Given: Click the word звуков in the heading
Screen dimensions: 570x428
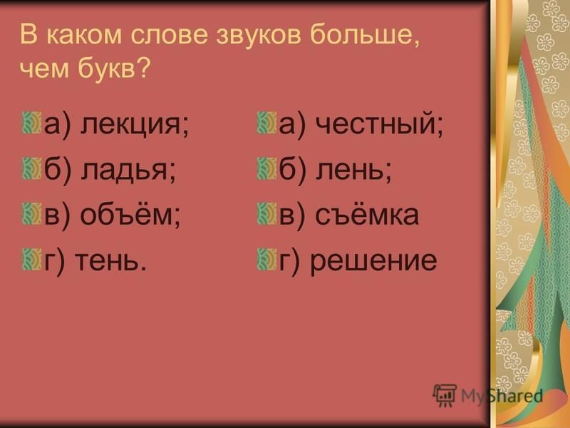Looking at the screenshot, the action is (x=259, y=35).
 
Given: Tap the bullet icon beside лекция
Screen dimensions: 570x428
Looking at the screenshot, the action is (x=31, y=123).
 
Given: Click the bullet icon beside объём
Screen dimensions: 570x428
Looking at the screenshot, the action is (x=31, y=214).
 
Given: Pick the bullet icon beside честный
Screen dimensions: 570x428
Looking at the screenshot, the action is (x=266, y=123).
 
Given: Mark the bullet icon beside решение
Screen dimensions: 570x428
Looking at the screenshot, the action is (x=266, y=260).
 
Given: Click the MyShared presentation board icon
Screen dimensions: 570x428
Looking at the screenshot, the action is (x=445, y=395).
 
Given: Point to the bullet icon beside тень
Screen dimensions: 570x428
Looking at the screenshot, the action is (x=31, y=260).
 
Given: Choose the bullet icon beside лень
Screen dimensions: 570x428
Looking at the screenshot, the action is (x=266, y=169).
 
